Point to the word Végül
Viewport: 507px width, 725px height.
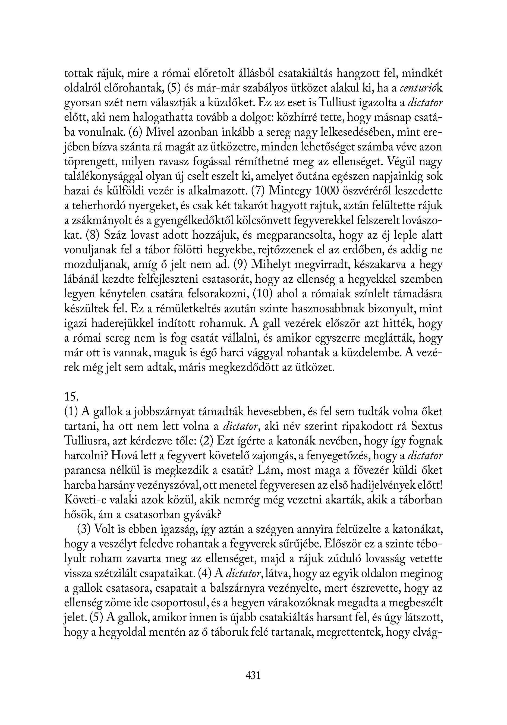pyautogui.click(x=399, y=162)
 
